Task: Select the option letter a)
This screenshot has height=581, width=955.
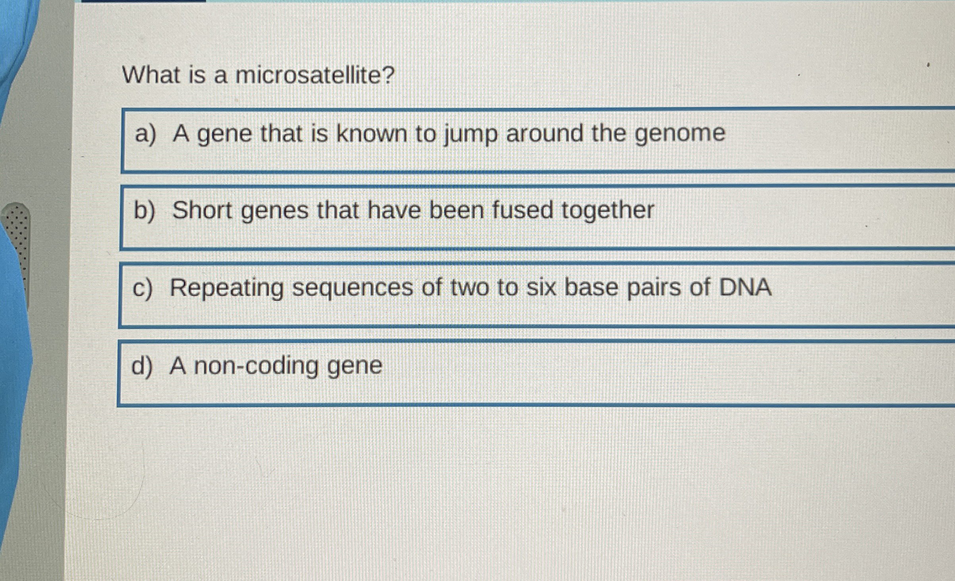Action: tap(145, 134)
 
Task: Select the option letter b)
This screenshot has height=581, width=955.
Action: tap(144, 210)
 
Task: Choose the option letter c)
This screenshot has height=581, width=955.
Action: tap(142, 288)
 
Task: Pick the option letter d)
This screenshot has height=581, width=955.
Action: tap(142, 365)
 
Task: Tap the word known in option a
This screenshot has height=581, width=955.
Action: tap(372, 133)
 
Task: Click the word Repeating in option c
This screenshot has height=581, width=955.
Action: tap(226, 288)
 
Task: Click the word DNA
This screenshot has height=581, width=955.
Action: tap(745, 287)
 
